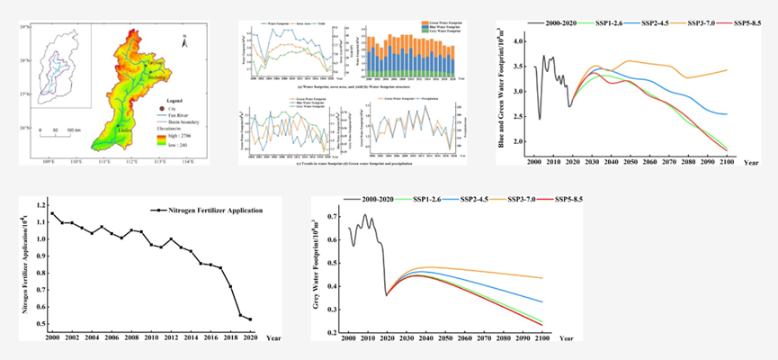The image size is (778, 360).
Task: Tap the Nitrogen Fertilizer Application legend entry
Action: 206,211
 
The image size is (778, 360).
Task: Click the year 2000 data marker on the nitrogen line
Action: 52,214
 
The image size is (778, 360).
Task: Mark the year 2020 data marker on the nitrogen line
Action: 249,319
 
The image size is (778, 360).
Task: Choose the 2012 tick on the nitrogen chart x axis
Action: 171,337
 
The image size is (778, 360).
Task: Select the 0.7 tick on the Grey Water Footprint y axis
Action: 337,218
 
